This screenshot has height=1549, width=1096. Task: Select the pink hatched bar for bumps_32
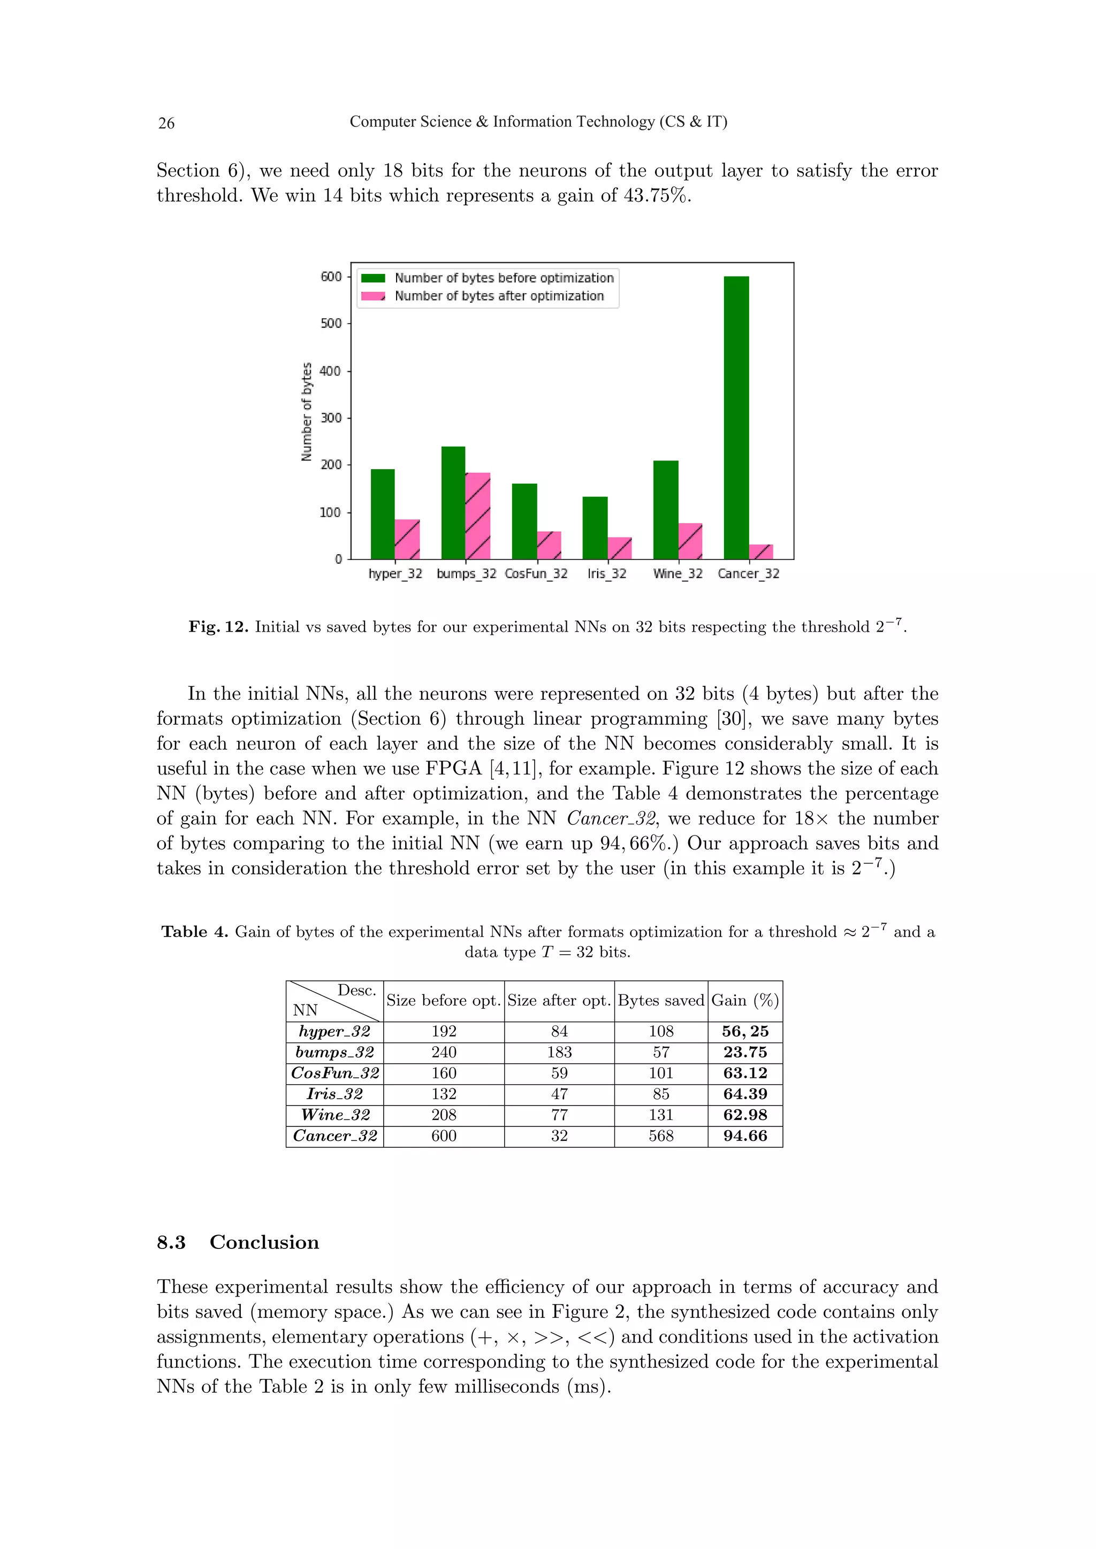(x=477, y=516)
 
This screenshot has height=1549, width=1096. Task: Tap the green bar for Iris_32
(x=595, y=527)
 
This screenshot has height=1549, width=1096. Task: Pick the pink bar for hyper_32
(x=407, y=539)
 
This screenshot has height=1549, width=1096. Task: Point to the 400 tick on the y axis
(x=331, y=370)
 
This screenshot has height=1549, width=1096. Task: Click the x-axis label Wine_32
(x=678, y=573)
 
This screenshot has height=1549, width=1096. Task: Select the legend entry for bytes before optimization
(x=504, y=278)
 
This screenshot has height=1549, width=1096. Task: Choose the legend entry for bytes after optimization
(x=499, y=296)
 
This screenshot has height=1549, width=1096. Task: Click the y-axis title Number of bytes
(x=307, y=411)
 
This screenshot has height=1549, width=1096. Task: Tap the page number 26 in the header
(x=166, y=123)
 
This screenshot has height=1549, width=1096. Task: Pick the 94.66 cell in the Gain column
(x=745, y=1136)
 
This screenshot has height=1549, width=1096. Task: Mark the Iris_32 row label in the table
(x=334, y=1094)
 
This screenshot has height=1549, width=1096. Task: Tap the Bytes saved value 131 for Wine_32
(x=661, y=1115)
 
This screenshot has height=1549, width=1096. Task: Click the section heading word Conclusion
(x=264, y=1242)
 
